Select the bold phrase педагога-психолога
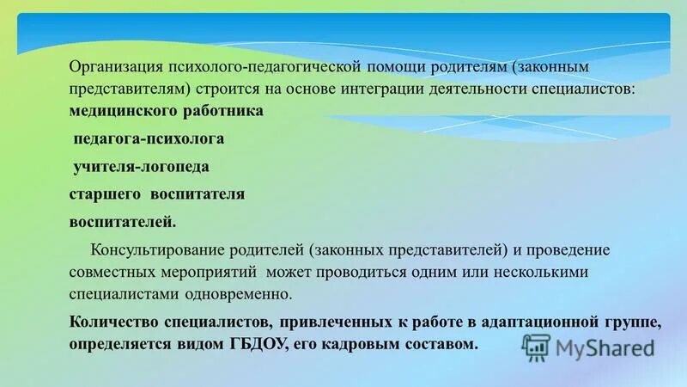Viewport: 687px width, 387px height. click(149, 138)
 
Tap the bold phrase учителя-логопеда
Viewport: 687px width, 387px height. click(142, 166)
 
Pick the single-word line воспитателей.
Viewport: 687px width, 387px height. click(123, 222)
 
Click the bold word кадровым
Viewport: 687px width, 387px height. click(352, 343)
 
